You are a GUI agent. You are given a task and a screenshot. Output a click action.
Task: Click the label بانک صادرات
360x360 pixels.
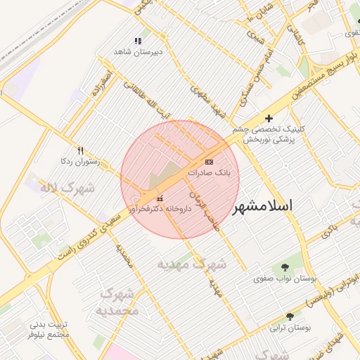pos(209,172)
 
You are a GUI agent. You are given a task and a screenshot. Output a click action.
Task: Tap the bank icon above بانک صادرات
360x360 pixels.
pos(208,162)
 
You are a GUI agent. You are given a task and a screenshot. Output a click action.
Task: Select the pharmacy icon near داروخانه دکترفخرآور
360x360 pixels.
pos(160,198)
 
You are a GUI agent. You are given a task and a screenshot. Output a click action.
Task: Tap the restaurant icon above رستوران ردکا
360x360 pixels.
pos(80,150)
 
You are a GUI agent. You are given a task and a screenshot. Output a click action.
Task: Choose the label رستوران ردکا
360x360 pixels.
pos(80,162)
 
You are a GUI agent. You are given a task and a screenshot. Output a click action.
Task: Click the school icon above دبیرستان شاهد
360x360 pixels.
pos(138,41)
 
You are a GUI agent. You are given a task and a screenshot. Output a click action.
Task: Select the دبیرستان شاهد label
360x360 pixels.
pos(139,52)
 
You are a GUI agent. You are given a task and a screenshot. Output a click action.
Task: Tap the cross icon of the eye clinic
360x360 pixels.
pos(269,119)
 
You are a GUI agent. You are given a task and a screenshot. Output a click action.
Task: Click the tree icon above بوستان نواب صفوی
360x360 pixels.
pos(285,268)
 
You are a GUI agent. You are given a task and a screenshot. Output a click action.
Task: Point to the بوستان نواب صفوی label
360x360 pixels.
pos(285,279)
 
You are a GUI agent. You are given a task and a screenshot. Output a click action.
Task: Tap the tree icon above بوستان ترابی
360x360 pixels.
pos(290,317)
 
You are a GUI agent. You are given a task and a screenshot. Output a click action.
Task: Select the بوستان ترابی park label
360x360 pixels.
pos(290,328)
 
